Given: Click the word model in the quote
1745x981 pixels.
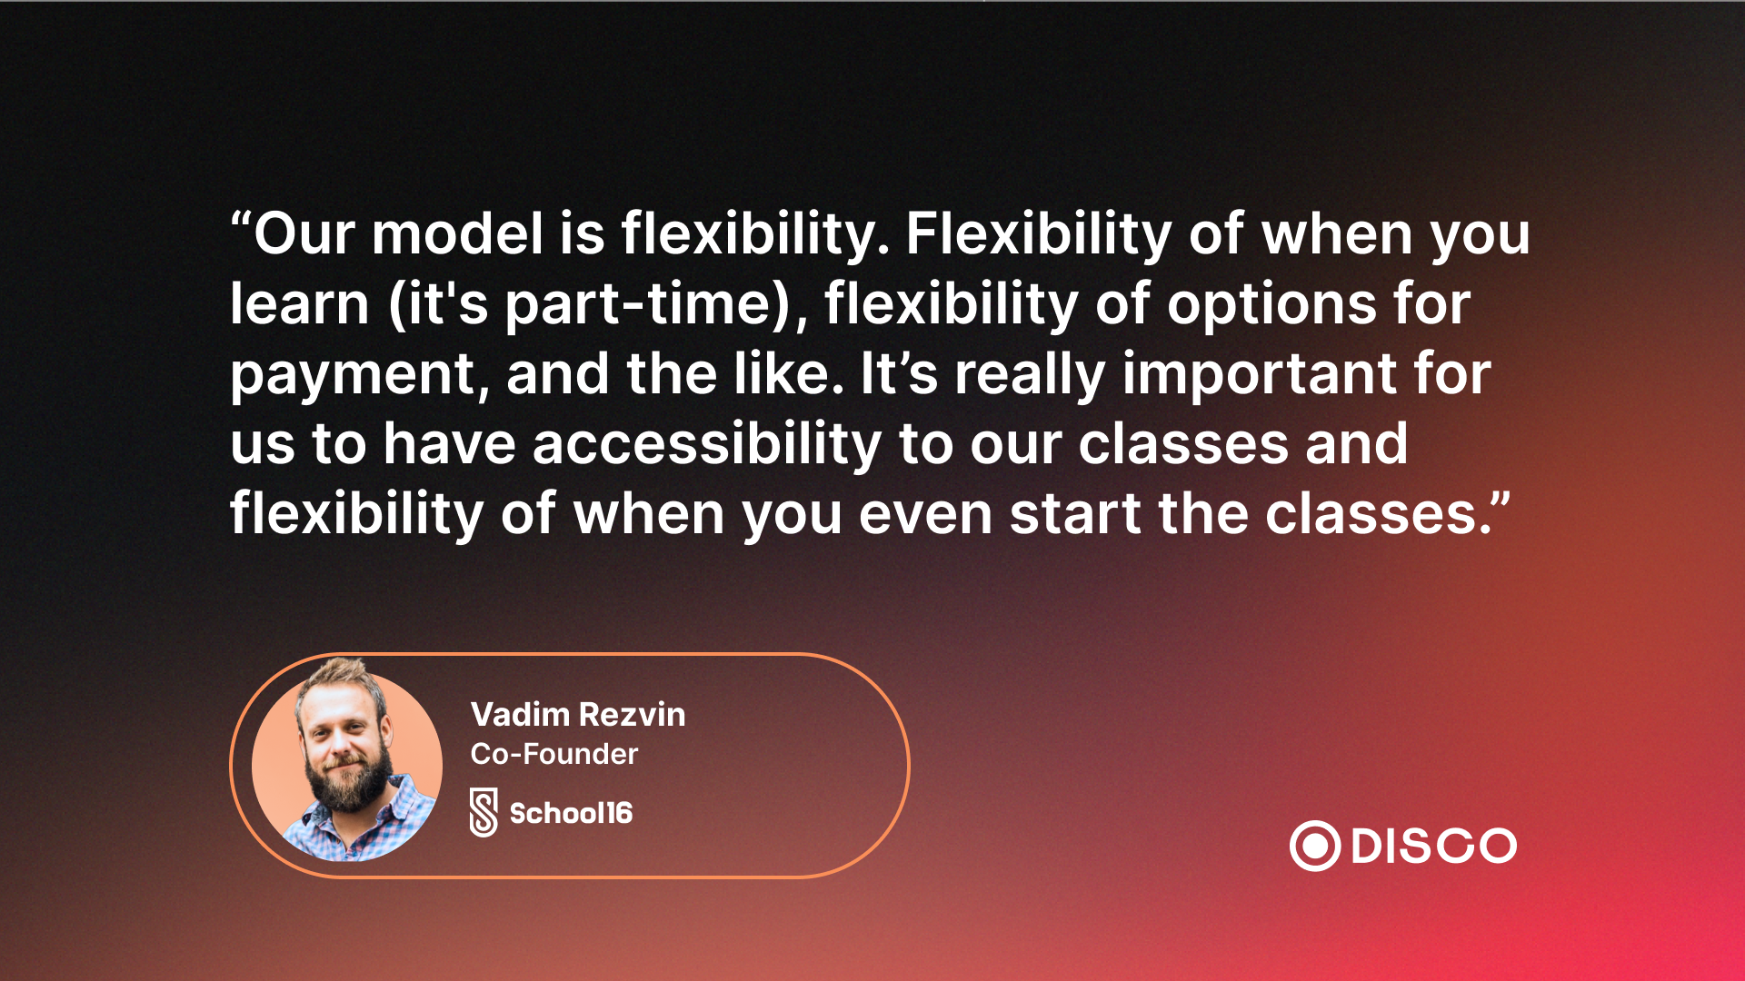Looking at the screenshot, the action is [x=457, y=233].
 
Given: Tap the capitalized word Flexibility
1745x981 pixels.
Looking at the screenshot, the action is [x=1039, y=235].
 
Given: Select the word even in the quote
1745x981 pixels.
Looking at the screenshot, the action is [x=925, y=515].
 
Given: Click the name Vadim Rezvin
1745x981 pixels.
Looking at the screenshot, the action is [x=578, y=715].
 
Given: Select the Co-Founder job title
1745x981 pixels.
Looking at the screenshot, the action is [x=554, y=754].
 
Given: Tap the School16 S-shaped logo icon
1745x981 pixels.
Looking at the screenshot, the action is [x=484, y=812].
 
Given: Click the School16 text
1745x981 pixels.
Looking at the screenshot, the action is [x=571, y=813].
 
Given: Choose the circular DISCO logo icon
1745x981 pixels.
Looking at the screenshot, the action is [x=1315, y=847].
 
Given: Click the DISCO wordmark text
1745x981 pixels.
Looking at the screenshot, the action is [x=1434, y=847].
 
